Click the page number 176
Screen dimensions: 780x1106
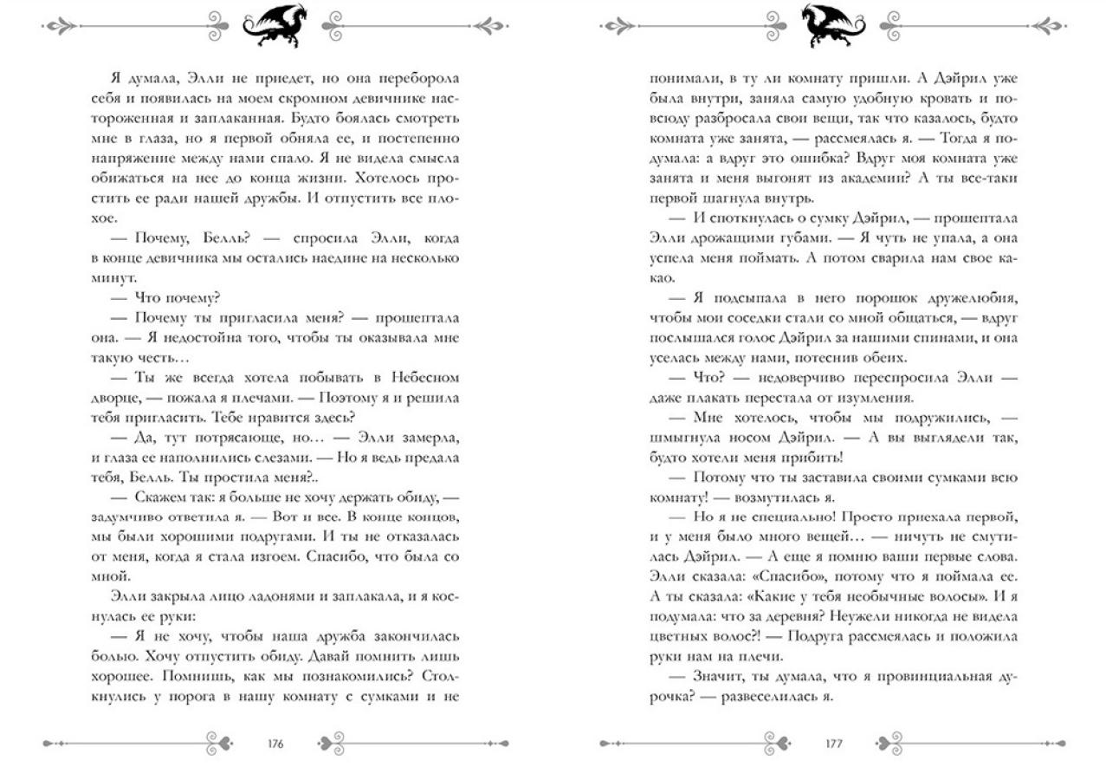tap(277, 743)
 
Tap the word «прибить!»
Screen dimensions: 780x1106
tap(810, 457)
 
